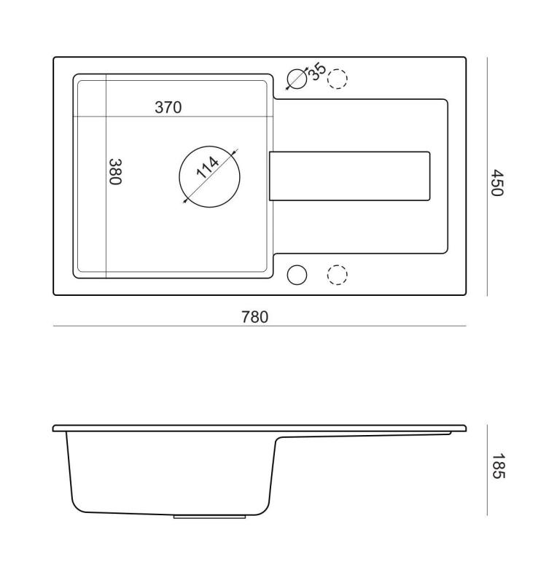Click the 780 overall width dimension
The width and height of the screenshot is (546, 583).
[x=254, y=317]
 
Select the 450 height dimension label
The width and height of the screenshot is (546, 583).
[x=497, y=183]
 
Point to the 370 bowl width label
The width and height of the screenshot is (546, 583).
[x=168, y=107]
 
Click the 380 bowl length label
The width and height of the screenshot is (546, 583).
[x=115, y=172]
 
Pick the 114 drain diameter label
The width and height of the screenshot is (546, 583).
[x=208, y=168]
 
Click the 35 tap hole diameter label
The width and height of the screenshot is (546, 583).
[x=318, y=71]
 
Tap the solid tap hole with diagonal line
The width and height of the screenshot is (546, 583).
[x=297, y=79]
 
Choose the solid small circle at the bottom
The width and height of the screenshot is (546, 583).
[x=297, y=275]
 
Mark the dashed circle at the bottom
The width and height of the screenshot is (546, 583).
[x=337, y=275]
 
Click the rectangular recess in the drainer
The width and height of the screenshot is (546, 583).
[x=350, y=176]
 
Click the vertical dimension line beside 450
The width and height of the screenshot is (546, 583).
[x=486, y=177]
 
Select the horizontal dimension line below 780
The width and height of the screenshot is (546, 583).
[x=259, y=326]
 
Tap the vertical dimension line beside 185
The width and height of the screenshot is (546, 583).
[x=486, y=470]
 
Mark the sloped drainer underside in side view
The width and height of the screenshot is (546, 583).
[x=364, y=436]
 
